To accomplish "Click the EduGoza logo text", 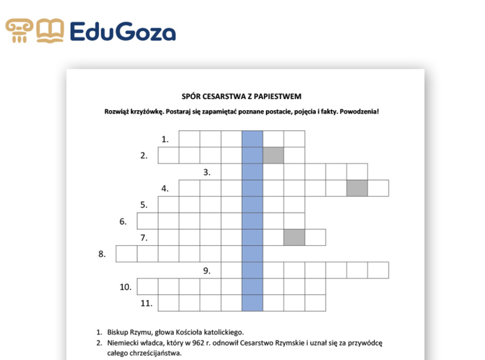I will [123, 31].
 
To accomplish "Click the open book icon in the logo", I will [50, 31].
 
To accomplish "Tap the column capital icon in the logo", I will [19, 31].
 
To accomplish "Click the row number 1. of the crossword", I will [165, 139].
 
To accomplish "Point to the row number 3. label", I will [206, 172].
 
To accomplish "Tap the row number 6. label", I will [123, 222].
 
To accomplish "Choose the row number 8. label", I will [102, 254].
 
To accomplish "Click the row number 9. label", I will [206, 271].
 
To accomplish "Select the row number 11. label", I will [145, 303].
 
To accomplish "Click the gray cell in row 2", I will [274, 155].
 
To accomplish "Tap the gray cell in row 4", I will [358, 188].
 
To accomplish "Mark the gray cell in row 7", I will [294, 237].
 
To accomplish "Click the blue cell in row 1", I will [252, 138].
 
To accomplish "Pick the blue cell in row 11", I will [252, 303].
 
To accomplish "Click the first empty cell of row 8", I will [126, 254].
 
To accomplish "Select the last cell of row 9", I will [378, 270].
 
